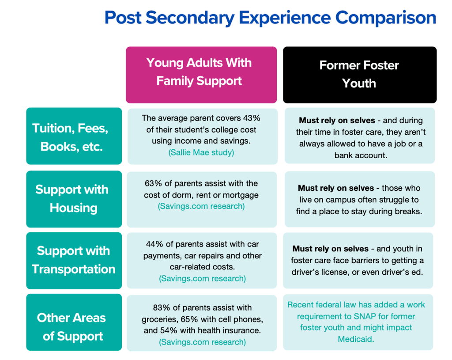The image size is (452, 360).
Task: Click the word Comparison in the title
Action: [x=385, y=18]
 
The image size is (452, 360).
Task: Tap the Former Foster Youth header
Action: [x=359, y=74]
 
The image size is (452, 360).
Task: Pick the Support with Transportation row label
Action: [x=73, y=260]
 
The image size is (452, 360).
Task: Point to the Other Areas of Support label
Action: [x=72, y=326]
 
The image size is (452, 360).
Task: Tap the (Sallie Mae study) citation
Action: [x=202, y=152]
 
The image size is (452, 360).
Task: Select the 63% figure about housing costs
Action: [x=153, y=183]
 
